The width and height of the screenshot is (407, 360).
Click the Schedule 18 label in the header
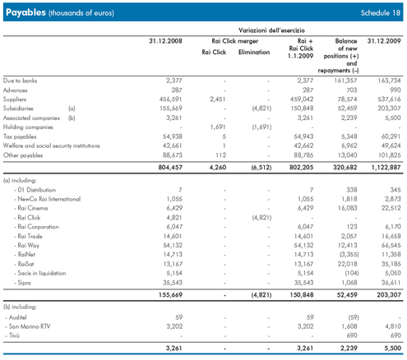click(381, 13)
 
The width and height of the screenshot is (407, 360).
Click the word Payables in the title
click(25, 12)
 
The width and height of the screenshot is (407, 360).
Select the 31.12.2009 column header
click(384, 41)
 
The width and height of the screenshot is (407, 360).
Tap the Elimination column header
click(254, 52)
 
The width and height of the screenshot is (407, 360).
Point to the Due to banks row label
click(20, 81)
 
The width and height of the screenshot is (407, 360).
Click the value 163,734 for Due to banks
click(389, 81)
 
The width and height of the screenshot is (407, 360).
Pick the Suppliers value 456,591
click(170, 99)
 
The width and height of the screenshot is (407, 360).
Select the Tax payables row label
click(20, 136)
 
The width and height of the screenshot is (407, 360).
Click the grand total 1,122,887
click(386, 168)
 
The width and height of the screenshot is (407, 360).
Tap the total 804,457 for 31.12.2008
click(170, 168)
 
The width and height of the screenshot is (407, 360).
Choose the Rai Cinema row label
click(33, 208)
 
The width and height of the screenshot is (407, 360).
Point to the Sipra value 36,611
click(391, 283)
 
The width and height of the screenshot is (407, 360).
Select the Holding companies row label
click(28, 127)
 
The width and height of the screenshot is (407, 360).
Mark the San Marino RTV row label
click(30, 326)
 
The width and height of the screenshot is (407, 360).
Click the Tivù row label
click(14, 335)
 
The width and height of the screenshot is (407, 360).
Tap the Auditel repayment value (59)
click(354, 317)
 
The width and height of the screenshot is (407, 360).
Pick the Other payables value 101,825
click(390, 155)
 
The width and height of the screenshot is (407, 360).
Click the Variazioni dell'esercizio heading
click(271, 30)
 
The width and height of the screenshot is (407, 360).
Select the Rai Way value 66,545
click(391, 246)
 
